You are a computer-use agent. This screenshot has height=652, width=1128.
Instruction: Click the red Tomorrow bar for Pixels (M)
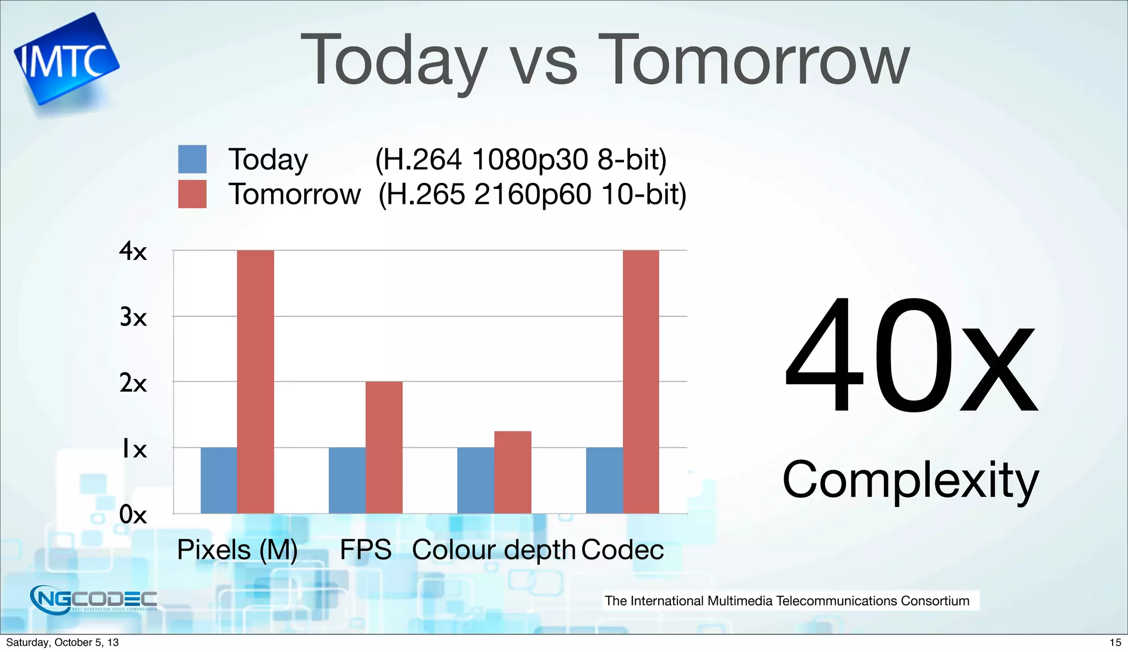(x=255, y=382)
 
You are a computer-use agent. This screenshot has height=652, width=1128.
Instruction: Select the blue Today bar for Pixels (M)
(x=219, y=480)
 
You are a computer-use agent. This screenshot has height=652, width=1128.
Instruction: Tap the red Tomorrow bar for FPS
(x=384, y=447)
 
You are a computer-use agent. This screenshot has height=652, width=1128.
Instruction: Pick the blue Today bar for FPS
(x=347, y=480)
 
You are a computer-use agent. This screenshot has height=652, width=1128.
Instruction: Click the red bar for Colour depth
(x=513, y=472)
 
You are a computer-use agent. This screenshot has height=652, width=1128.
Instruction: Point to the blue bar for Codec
(x=604, y=480)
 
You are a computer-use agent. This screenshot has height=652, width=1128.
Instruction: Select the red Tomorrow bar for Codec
(x=641, y=382)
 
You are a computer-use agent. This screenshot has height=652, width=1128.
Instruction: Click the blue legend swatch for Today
(x=192, y=159)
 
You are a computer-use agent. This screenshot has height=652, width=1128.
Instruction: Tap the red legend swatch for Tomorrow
(x=192, y=194)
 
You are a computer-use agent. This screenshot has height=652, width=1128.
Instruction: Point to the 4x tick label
(x=133, y=251)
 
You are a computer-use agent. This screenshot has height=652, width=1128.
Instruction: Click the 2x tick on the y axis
(x=133, y=383)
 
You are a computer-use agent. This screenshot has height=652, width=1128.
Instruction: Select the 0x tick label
(x=133, y=515)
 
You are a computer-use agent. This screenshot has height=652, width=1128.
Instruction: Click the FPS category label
(x=365, y=550)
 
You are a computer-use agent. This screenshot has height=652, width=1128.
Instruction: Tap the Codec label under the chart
(x=622, y=550)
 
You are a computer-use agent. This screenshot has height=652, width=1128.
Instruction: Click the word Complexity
(x=910, y=480)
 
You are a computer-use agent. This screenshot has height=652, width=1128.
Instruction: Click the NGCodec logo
(x=94, y=599)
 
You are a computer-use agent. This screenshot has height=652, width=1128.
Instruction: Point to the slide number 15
(x=1115, y=642)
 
